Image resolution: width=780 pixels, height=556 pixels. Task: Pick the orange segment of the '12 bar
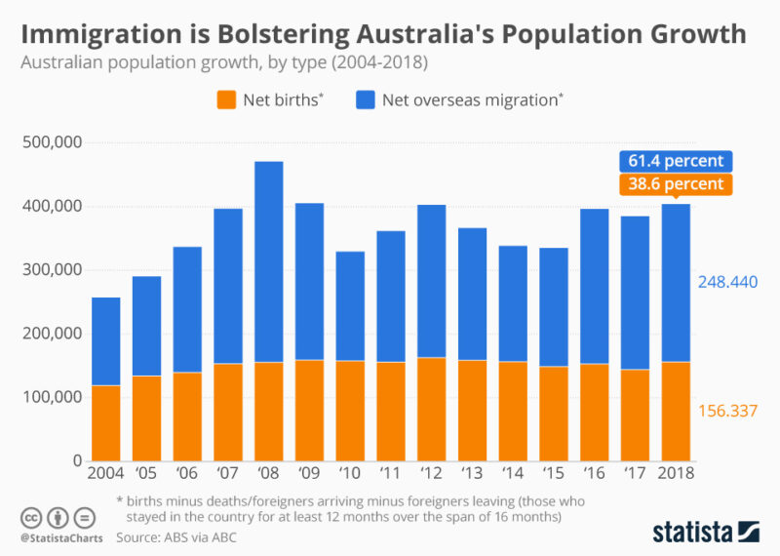[x=431, y=409]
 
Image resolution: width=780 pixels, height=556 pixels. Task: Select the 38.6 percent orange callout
[x=675, y=183]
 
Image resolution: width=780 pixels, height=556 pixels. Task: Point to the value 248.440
[x=727, y=282]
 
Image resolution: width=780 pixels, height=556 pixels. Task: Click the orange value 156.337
[x=727, y=412]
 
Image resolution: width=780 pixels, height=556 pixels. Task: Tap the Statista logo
[x=705, y=532]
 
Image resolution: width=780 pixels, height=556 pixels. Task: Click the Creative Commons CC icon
[x=31, y=517]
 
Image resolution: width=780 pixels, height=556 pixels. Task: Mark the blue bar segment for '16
[x=593, y=286]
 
